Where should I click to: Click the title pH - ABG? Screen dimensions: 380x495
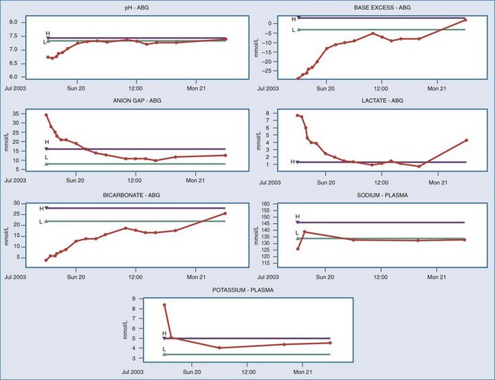click(x=126, y=8)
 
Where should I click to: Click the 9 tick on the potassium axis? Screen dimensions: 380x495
click(x=135, y=299)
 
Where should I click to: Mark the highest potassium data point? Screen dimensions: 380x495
click(x=164, y=305)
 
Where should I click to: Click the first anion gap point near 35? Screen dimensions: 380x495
click(x=46, y=115)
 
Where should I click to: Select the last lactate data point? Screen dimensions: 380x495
click(x=465, y=140)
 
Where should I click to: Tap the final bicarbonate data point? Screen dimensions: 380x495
click(x=225, y=213)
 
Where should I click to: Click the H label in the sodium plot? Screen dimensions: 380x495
click(x=297, y=217)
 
